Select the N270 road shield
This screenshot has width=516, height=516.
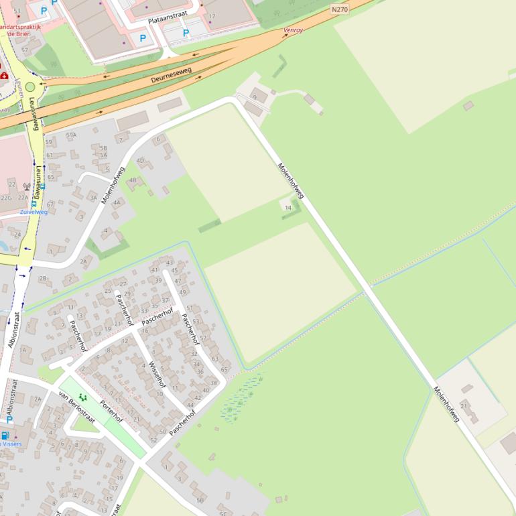pyautogui.click(x=340, y=9)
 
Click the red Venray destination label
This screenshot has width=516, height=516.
pyautogui.click(x=294, y=30)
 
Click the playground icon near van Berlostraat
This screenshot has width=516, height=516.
pyautogui.click(x=82, y=397)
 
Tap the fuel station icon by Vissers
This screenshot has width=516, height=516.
pyautogui.click(x=5, y=435)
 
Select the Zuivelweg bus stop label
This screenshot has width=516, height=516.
pyautogui.click(x=34, y=212)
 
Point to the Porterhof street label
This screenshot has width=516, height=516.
pyautogui.click(x=111, y=411)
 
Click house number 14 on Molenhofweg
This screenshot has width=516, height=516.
pyautogui.click(x=288, y=208)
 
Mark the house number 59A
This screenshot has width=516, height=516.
pyautogui.click(x=71, y=135)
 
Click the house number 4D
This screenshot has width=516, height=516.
pyautogui.click(x=140, y=161)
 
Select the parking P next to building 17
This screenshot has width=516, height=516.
pyautogui.click(x=186, y=34)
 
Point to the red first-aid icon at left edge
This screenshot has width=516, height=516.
pyautogui.click(x=5, y=76)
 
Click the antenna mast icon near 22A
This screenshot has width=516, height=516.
pyautogui.click(x=26, y=187)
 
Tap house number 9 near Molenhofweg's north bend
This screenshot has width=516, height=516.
pyautogui.click(x=255, y=98)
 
